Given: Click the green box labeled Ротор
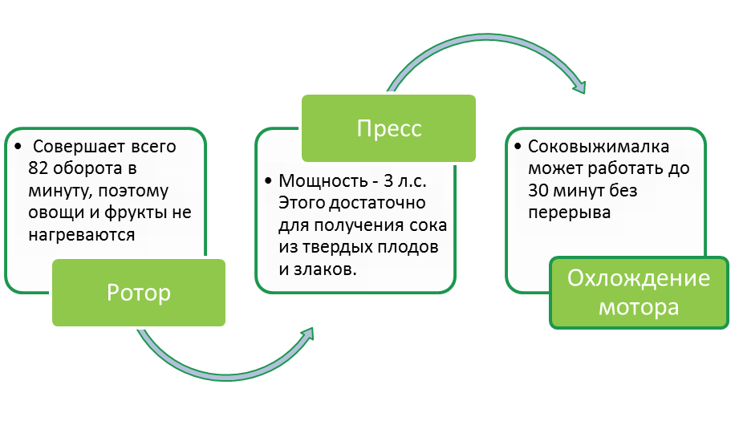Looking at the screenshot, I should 139,293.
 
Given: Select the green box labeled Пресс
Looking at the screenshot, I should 389,128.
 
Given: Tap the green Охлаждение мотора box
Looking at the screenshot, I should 639,293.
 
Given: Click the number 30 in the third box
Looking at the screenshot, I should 538,191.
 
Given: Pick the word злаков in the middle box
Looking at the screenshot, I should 324,269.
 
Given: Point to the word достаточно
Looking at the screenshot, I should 380,203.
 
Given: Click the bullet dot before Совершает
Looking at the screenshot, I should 18,149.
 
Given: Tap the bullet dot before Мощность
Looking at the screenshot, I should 268,181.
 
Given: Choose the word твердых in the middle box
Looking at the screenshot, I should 341,248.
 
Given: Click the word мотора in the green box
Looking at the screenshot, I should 639,307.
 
